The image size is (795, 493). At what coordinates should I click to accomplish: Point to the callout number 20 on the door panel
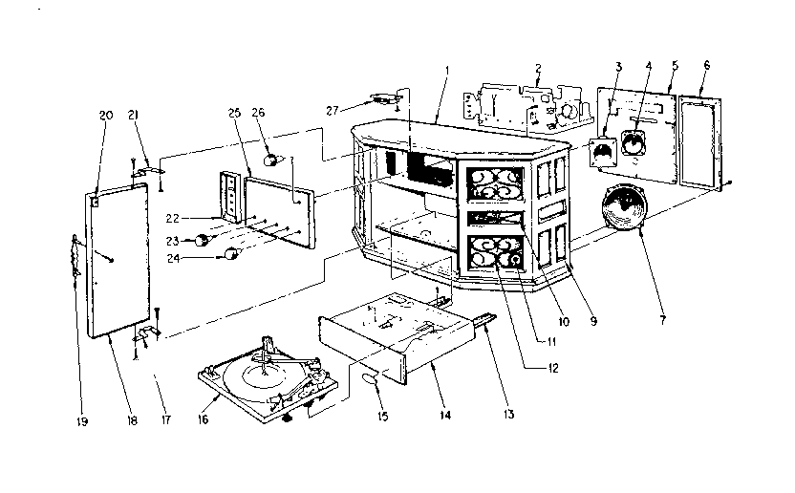105,115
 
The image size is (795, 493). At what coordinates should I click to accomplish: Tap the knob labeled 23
203,242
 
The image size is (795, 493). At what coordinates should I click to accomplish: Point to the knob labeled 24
230,253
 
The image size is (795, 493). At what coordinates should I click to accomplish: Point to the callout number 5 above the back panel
675,66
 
